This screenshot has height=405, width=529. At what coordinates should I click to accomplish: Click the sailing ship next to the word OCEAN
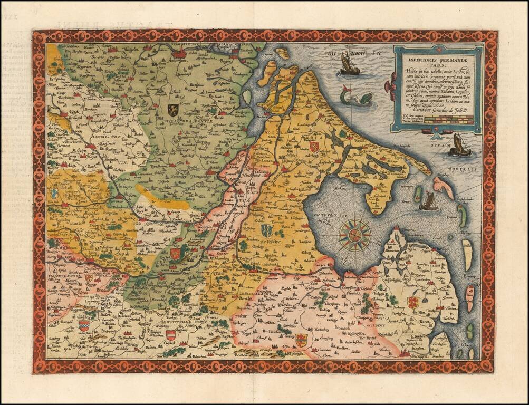[459, 145]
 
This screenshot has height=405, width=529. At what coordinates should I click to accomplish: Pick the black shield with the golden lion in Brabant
[172, 109]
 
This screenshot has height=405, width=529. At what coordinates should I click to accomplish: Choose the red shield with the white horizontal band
[171, 335]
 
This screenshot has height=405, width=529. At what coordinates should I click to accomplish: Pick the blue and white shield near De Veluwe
[266, 230]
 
